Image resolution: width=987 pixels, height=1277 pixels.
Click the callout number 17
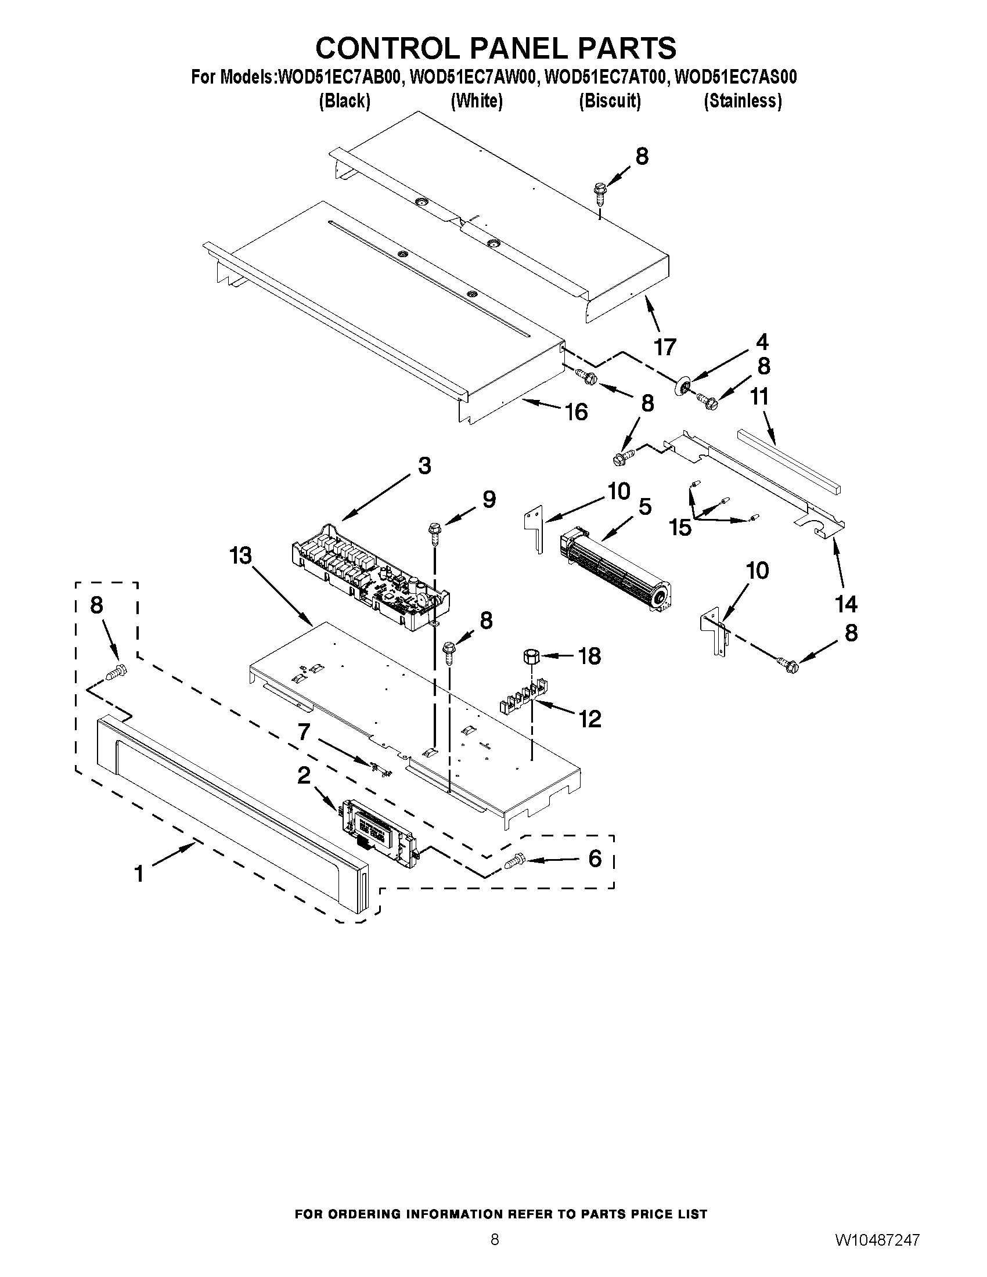click(665, 347)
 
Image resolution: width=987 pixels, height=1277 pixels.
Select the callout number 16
click(576, 412)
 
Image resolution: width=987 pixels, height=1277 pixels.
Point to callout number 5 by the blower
click(644, 507)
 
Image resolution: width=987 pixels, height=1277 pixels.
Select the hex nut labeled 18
click(531, 655)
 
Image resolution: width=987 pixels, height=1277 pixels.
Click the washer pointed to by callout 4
click(682, 387)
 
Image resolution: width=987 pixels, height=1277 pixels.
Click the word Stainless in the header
click(743, 101)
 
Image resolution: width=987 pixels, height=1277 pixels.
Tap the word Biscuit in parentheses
click(610, 101)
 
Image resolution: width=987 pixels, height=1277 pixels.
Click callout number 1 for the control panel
click(139, 874)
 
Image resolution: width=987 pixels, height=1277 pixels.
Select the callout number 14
click(846, 604)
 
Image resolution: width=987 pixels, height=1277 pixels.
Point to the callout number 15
click(680, 528)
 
